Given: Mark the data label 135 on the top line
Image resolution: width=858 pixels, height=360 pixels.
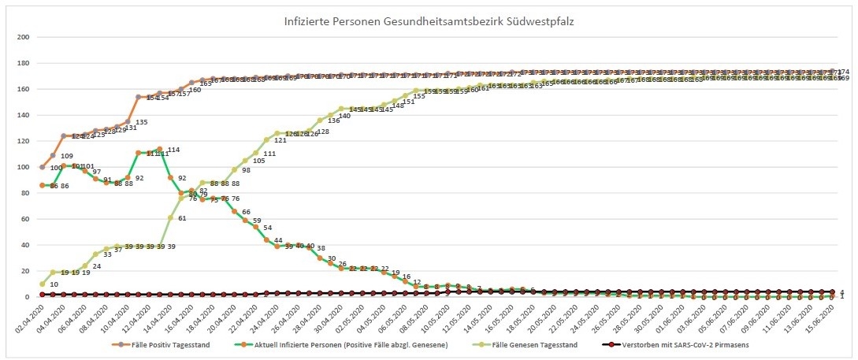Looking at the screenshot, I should point(141,123).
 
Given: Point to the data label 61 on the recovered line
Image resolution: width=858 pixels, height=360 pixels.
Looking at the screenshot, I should point(182,218).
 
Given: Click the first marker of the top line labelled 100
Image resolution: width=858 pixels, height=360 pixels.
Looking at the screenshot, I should point(43,167).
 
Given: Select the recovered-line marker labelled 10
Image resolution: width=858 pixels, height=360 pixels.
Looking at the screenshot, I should point(43,284).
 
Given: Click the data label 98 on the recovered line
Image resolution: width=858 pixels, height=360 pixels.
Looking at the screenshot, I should point(246,170).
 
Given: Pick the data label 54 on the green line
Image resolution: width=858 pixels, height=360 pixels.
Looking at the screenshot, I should point(267,228).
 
